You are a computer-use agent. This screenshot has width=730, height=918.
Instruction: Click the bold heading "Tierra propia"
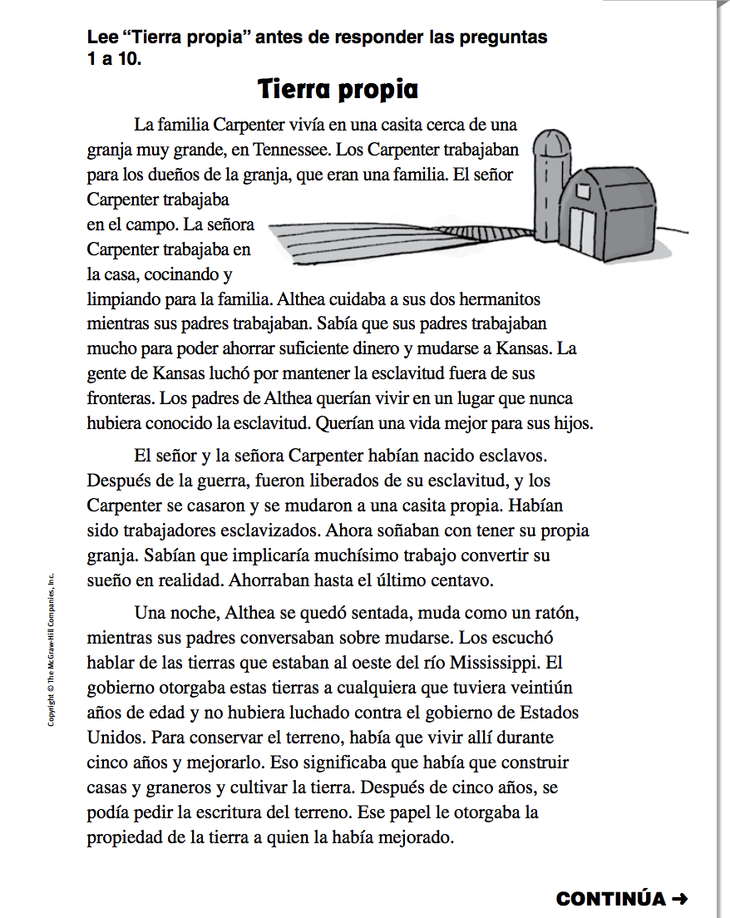pos(338,89)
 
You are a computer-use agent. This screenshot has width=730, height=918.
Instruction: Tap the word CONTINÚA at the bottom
pos(611,899)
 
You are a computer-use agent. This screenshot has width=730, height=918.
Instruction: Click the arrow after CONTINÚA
pos(679,899)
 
